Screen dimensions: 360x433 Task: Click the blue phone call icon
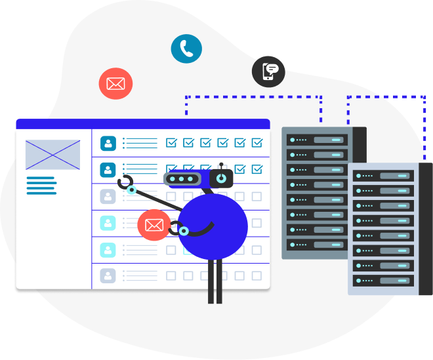click(186, 49)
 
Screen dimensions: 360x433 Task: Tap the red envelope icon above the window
click(115, 84)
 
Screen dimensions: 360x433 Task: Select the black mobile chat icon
click(269, 71)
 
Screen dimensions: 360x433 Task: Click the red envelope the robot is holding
click(154, 226)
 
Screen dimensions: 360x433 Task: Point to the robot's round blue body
click(213, 226)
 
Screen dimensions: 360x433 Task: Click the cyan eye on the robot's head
click(222, 178)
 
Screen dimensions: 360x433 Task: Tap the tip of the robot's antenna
click(222, 165)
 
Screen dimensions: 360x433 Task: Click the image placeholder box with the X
click(53, 155)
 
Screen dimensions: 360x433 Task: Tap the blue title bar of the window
click(142, 123)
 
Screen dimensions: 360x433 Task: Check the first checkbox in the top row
click(171, 142)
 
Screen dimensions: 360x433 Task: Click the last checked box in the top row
click(257, 142)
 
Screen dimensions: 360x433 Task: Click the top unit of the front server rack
click(383, 176)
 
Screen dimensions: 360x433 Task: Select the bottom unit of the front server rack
click(383, 280)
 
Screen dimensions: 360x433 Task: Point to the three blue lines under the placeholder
click(41, 185)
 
